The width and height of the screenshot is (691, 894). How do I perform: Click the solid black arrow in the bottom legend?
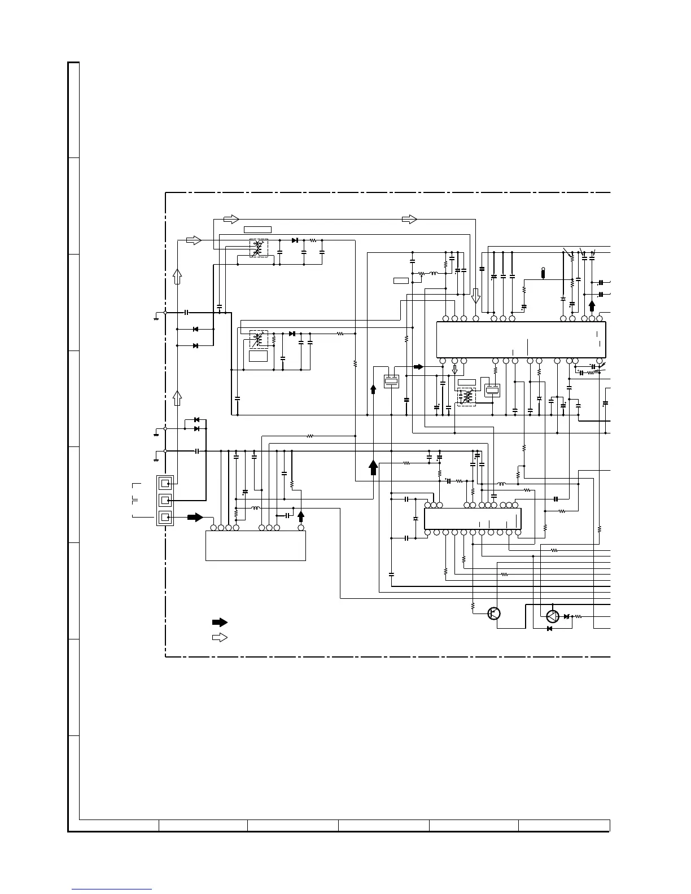[x=220, y=623]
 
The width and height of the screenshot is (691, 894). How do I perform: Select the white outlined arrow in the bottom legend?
[x=220, y=637]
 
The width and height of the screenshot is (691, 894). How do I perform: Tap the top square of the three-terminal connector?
[x=165, y=484]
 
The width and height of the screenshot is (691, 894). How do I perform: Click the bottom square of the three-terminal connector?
[x=165, y=517]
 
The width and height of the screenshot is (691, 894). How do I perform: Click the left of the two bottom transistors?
[x=495, y=613]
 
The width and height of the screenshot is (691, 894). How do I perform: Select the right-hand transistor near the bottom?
[x=553, y=616]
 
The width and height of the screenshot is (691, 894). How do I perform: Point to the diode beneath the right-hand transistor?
[x=549, y=629]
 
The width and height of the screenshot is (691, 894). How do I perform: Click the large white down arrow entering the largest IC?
[x=475, y=296]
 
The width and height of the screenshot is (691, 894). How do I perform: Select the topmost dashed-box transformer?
[x=259, y=248]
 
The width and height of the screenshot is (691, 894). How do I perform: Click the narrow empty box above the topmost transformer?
[x=257, y=230]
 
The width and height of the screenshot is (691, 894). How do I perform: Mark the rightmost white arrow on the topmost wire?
[x=409, y=219]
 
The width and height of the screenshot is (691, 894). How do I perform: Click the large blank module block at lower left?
[x=255, y=546]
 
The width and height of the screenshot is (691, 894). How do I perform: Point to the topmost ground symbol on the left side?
[x=156, y=317]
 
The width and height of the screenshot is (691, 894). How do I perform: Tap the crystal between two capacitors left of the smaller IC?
[x=416, y=518]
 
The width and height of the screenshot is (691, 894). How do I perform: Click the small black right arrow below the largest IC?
[x=418, y=367]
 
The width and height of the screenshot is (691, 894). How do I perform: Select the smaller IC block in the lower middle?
[x=472, y=518]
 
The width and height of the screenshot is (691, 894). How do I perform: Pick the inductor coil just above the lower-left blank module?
[x=255, y=508]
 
